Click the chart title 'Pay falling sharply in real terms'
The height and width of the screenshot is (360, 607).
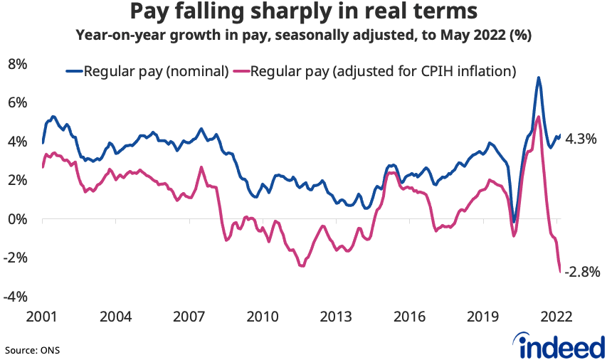(303, 12)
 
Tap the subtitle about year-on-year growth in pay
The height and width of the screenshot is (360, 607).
(303, 33)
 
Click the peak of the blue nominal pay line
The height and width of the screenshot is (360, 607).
(539, 78)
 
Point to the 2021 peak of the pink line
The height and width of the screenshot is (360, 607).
(539, 117)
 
